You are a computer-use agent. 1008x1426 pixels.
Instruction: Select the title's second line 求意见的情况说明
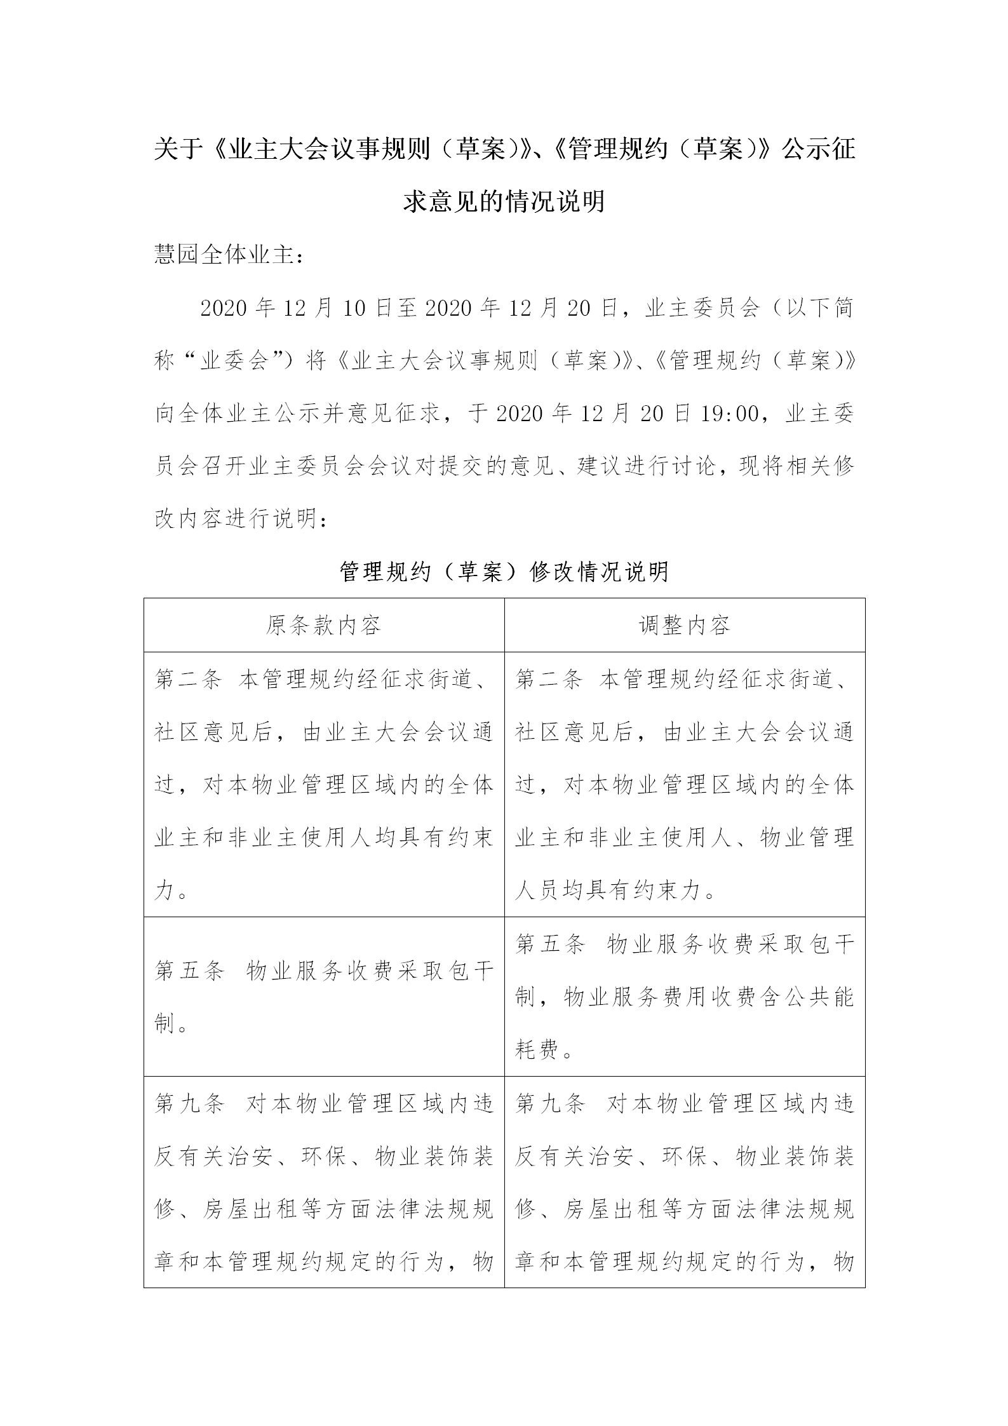[x=504, y=202]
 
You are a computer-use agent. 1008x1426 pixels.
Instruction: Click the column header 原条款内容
[x=323, y=626]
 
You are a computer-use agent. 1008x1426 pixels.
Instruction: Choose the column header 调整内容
[x=684, y=626]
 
